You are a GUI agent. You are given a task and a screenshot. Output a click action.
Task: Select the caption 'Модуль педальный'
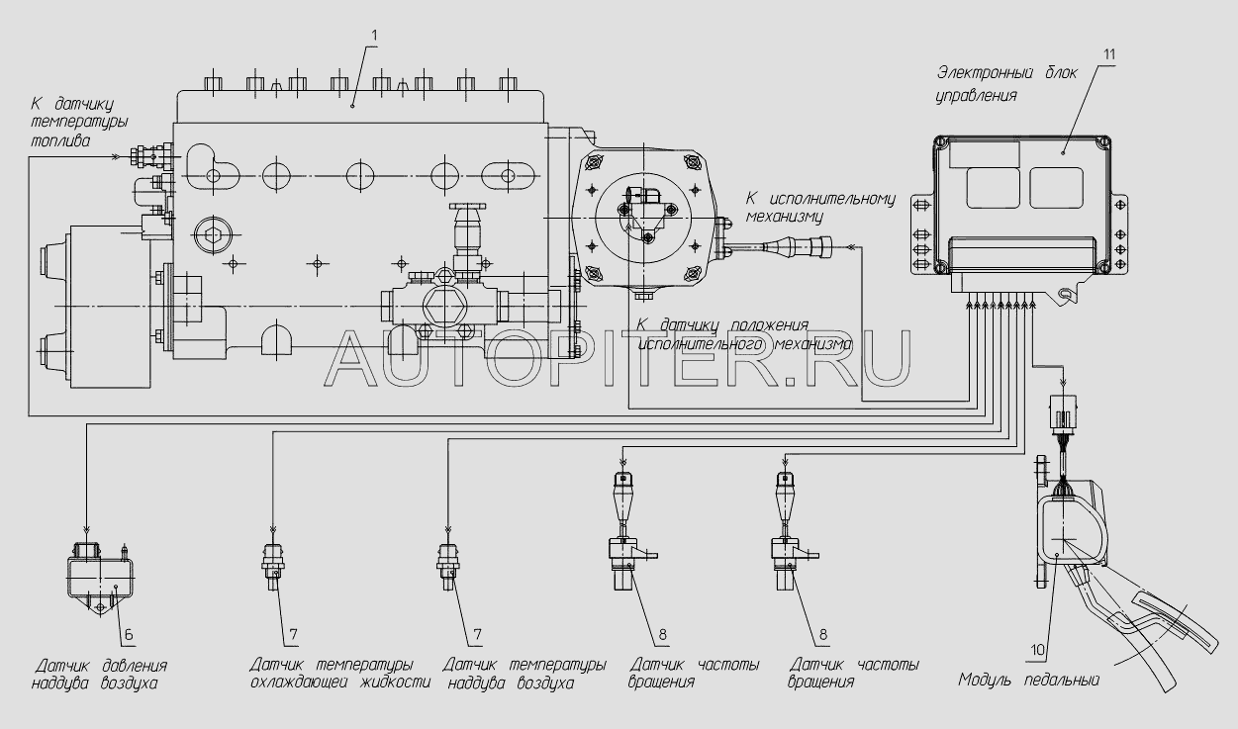(1028, 680)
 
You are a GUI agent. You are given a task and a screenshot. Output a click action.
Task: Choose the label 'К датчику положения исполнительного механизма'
(742, 336)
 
